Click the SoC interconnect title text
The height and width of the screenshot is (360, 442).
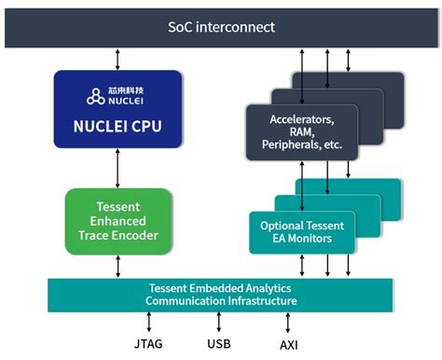pos(221,26)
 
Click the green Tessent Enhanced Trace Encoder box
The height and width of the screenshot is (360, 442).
pos(118,221)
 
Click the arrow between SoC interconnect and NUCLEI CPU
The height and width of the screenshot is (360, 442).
pos(117,59)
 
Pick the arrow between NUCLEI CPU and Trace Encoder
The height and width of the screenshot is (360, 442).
pos(117,168)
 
